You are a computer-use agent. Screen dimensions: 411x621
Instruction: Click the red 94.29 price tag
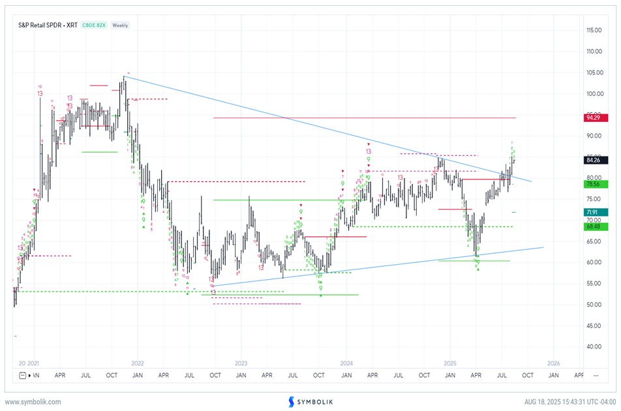point(593,117)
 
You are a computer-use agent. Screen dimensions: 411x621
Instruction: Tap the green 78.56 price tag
point(593,184)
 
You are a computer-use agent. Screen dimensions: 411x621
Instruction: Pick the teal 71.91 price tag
point(593,212)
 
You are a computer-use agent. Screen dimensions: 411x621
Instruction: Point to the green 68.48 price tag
point(593,226)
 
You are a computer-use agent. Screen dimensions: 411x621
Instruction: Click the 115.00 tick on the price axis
point(593,30)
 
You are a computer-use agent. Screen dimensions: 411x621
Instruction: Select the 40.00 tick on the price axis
point(592,347)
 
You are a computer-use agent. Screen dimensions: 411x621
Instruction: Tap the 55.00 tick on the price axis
point(592,284)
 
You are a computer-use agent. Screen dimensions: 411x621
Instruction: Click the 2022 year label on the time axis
point(138,363)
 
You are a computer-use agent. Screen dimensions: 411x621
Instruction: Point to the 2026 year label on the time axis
point(553,363)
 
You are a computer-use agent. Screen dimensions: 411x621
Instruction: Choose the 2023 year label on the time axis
point(241,363)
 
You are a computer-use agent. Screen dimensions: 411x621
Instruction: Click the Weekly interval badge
point(120,25)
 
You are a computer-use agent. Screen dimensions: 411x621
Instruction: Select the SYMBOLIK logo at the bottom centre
point(310,402)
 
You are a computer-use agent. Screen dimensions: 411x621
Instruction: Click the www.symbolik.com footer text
point(33,402)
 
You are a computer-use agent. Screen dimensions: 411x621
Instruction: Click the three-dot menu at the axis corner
point(596,376)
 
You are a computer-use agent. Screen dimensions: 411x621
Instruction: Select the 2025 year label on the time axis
point(449,363)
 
